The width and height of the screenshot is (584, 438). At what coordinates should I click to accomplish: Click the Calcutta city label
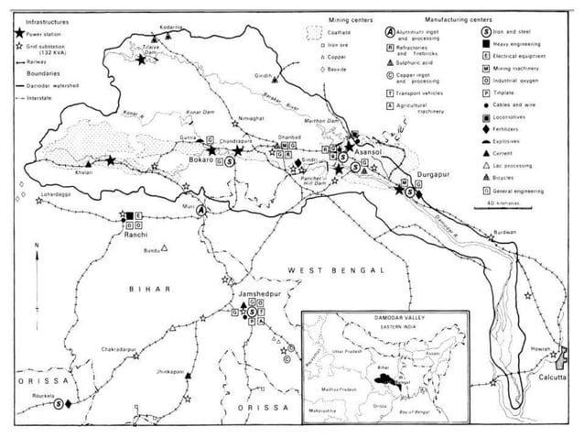pos(552,378)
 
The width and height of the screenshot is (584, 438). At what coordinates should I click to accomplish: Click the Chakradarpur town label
pos(121,348)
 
